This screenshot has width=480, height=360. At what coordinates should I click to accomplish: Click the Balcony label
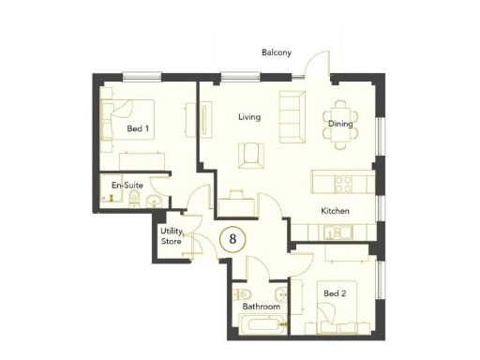click(277, 52)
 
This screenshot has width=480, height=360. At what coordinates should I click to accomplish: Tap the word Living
click(248, 117)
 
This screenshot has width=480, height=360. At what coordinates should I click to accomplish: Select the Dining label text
click(338, 123)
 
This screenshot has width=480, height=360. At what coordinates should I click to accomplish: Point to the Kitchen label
click(336, 211)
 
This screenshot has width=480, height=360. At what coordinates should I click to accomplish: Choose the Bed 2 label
click(335, 293)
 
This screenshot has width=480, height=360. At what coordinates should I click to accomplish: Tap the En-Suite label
click(127, 186)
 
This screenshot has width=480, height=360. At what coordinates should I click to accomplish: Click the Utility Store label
click(172, 235)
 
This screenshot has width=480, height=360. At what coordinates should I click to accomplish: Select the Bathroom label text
click(262, 307)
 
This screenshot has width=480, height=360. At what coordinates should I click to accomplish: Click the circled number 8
click(233, 238)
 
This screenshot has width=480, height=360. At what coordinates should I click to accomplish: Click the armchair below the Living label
click(248, 153)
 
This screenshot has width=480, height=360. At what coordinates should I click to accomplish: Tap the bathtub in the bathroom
click(262, 327)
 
